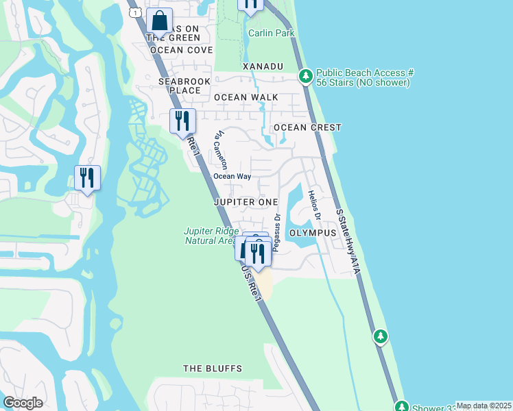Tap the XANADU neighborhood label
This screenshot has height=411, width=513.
(x=263, y=66)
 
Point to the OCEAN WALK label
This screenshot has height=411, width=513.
(x=246, y=97)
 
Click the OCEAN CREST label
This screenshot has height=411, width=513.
(x=307, y=128)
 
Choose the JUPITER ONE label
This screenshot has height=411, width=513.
(x=246, y=202)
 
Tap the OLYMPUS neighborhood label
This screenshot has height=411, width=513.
(x=313, y=233)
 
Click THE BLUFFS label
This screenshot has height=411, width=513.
(x=213, y=369)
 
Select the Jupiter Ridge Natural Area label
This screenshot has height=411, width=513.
(x=211, y=236)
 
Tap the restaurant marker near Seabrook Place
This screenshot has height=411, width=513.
(x=182, y=121)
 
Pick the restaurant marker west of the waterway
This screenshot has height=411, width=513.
(x=88, y=178)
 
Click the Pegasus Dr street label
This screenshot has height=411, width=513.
(x=277, y=233)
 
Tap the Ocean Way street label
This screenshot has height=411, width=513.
(x=232, y=176)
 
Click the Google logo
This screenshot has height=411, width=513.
(x=23, y=403)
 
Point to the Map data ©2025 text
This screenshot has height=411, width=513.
(x=484, y=406)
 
